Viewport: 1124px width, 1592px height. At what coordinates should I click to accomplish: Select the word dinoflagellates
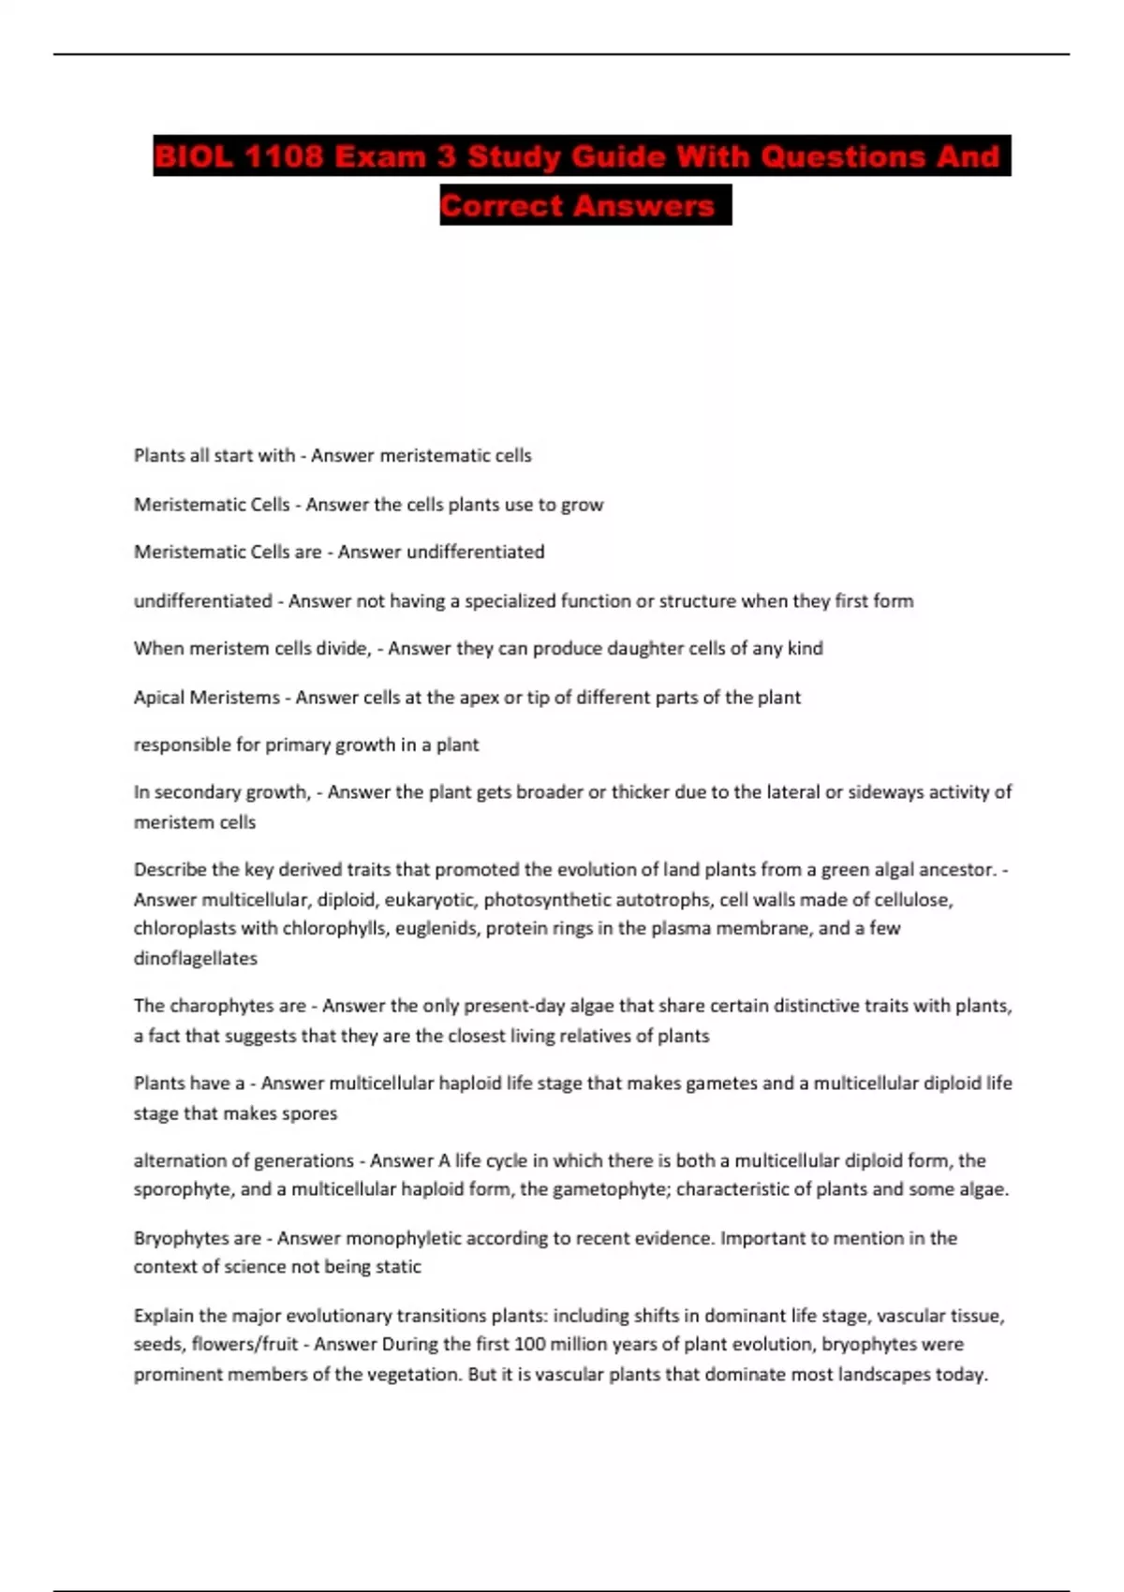click(x=196, y=958)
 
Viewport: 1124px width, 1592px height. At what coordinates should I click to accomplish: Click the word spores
click(x=309, y=1113)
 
